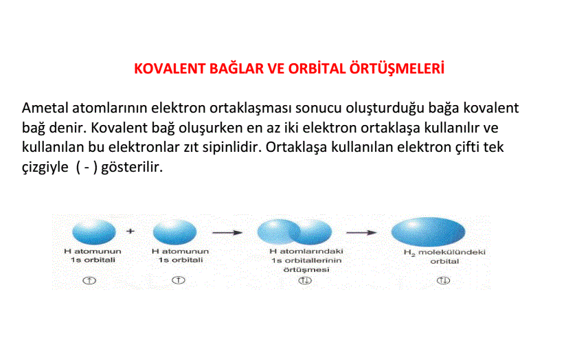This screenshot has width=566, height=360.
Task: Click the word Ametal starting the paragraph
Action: click(45, 108)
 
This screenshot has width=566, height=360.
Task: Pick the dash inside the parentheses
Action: click(87, 168)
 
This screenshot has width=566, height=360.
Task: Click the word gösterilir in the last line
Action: click(132, 167)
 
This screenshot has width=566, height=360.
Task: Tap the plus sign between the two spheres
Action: click(131, 231)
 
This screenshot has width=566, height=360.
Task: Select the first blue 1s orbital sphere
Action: click(94, 232)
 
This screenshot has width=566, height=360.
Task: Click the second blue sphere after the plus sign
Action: click(174, 232)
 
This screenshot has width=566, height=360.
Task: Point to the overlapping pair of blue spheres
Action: click(295, 232)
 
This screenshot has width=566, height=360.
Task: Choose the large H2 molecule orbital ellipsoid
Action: click(428, 232)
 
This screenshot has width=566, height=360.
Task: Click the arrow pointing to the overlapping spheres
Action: click(227, 232)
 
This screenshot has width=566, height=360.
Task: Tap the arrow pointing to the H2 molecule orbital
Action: click(361, 232)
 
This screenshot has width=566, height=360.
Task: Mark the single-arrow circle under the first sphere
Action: click(89, 280)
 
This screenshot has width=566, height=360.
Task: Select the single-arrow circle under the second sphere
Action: click(179, 280)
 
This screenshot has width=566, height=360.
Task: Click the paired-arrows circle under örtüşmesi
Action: click(305, 280)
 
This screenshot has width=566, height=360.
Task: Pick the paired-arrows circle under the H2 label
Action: click(443, 280)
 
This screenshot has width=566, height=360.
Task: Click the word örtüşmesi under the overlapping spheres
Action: click(306, 269)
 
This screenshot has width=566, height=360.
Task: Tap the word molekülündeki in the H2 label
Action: click(452, 252)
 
